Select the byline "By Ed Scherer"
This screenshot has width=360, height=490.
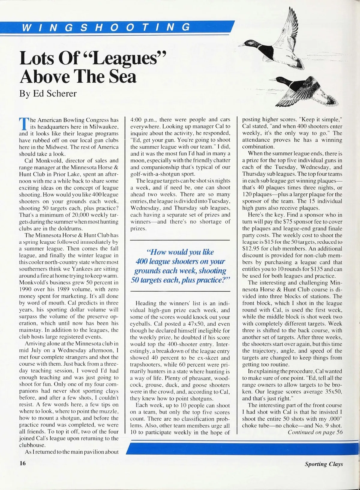coord(48,94)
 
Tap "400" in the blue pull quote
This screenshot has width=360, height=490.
coord(141,261)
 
